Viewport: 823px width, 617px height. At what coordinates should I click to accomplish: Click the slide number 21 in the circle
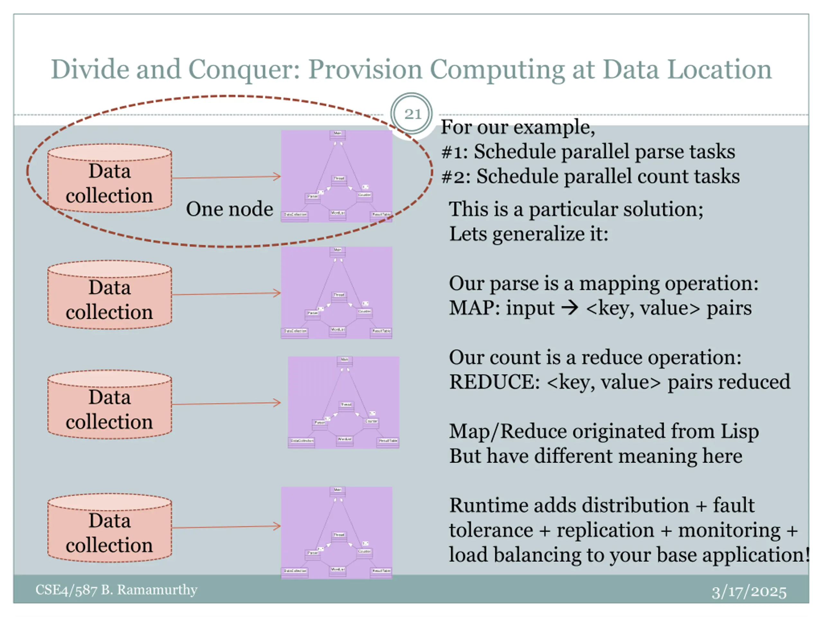pos(412,114)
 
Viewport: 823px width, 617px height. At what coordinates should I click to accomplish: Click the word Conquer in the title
pos(244,70)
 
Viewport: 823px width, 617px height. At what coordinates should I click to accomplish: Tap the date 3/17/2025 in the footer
pos(749,591)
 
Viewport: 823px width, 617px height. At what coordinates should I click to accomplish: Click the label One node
pos(229,209)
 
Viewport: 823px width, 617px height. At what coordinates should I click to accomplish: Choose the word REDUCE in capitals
pos(494,382)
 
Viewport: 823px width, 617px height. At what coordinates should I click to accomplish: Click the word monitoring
pos(729,530)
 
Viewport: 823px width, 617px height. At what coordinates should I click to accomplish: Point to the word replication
pos(605,530)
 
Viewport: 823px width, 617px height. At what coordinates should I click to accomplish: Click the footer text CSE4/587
pos(66,590)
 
